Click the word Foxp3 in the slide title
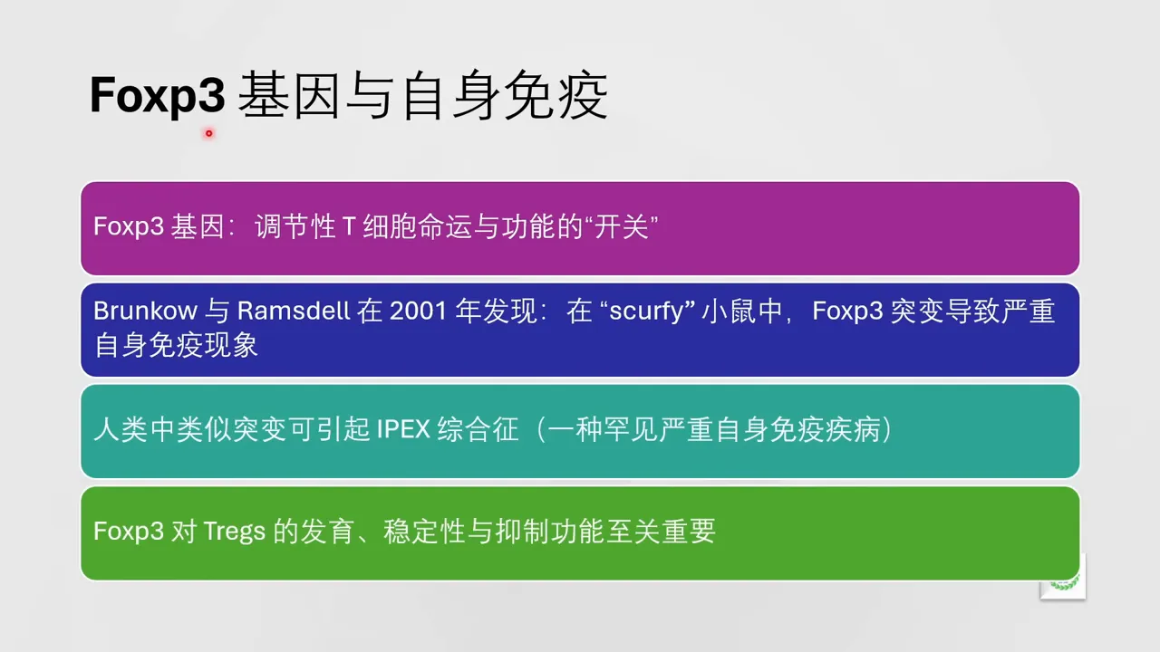(157, 96)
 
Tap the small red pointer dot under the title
(208, 133)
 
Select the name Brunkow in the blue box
(145, 311)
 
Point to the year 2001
(419, 311)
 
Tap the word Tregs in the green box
(235, 531)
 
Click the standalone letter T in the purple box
(348, 226)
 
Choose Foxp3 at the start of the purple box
(128, 226)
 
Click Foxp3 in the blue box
(847, 311)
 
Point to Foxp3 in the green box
(128, 531)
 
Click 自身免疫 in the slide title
(504, 96)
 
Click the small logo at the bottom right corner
(1063, 579)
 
